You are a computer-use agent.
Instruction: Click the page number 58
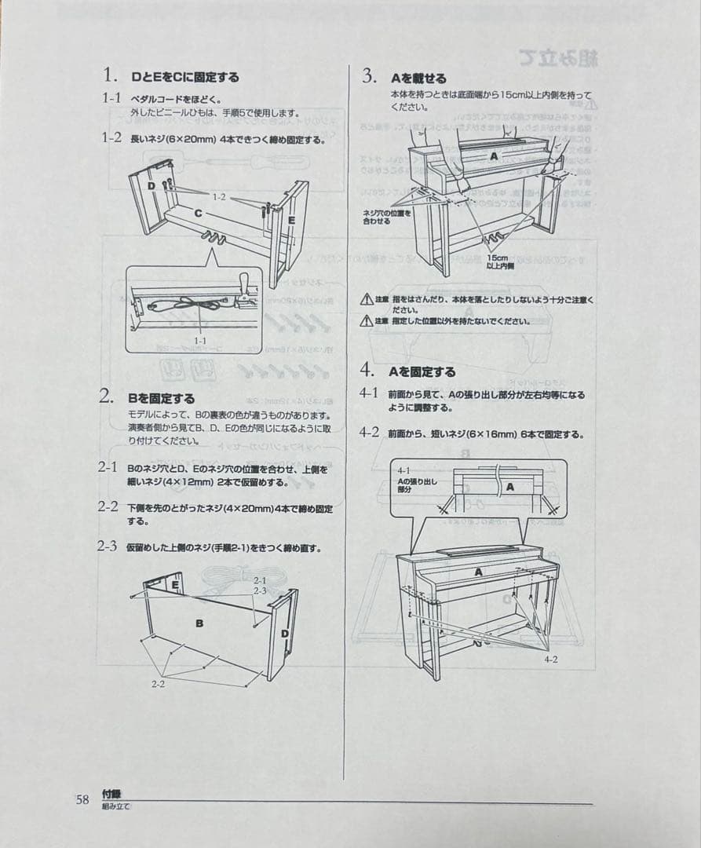(x=82, y=799)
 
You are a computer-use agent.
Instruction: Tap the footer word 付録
(x=111, y=795)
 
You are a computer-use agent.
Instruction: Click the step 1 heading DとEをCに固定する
(x=185, y=77)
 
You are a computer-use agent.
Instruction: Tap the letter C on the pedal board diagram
(x=199, y=213)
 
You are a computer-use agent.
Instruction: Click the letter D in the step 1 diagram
(x=152, y=186)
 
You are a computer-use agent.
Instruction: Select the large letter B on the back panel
(x=199, y=623)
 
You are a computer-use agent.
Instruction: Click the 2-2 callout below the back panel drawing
(x=158, y=684)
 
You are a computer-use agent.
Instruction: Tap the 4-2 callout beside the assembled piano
(x=550, y=659)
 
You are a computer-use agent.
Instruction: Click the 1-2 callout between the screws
(x=219, y=197)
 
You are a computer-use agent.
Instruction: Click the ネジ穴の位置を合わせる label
(x=386, y=217)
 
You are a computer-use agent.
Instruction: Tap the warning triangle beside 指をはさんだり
(x=366, y=300)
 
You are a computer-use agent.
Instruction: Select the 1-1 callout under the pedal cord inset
(x=200, y=341)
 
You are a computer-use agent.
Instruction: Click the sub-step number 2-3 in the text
(x=108, y=546)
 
